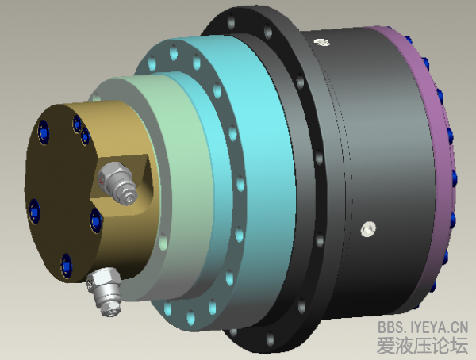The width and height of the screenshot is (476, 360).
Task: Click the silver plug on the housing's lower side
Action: point(367,229)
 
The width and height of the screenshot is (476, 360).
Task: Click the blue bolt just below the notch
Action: point(96,220)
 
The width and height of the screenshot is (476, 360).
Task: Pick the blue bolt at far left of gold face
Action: point(34,209)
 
